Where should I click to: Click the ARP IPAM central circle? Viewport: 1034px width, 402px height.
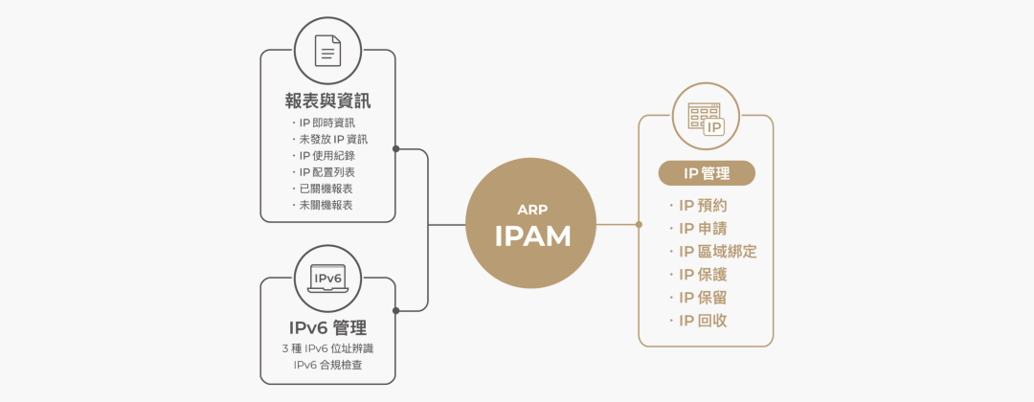click(531, 224)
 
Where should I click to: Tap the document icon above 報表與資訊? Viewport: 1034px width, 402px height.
click(327, 50)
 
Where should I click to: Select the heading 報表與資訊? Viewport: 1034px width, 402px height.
click(327, 100)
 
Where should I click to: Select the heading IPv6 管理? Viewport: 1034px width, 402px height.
click(327, 328)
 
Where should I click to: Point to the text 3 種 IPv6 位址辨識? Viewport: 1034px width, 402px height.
click(327, 348)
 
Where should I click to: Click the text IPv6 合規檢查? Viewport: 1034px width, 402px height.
click(327, 365)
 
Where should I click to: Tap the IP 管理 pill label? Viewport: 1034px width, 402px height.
click(707, 173)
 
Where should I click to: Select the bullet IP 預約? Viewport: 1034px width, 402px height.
click(703, 206)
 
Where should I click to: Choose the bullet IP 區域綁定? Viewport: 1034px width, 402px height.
click(717, 252)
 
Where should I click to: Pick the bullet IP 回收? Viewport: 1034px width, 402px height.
click(703, 321)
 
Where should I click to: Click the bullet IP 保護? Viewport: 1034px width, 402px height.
click(703, 275)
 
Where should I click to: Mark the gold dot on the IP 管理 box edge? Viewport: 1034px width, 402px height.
click(639, 225)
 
